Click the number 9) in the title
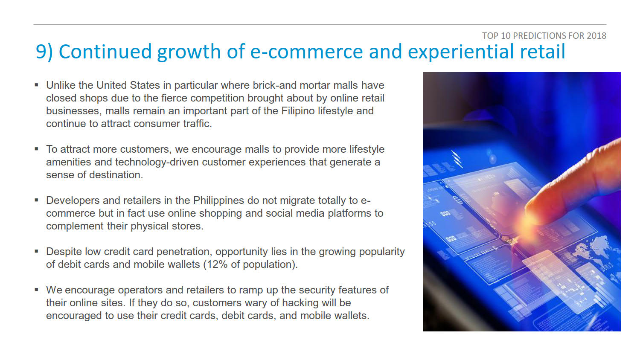pyautogui.click(x=44, y=52)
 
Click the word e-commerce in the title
pyautogui.click(x=306, y=52)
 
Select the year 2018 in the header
pyautogui.click(x=596, y=36)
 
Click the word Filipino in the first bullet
pyautogui.click(x=298, y=111)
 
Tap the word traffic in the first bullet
pyautogui.click(x=198, y=123)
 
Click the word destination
pyautogui.click(x=116, y=175)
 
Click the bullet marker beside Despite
pyautogui.click(x=36, y=251)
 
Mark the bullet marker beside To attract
pyautogui.click(x=36, y=149)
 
